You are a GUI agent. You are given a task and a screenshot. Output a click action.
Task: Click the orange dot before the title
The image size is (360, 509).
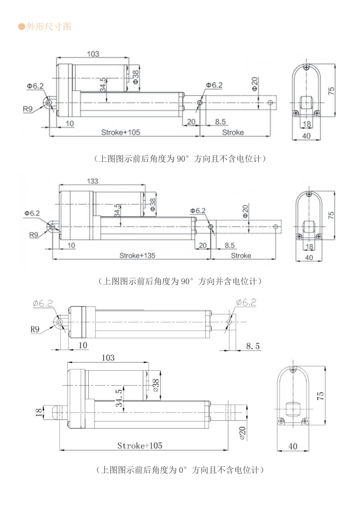click(21, 26)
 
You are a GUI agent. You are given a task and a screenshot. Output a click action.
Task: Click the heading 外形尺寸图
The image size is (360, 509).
click(49, 26)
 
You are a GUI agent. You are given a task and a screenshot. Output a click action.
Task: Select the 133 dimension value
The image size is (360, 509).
click(93, 181)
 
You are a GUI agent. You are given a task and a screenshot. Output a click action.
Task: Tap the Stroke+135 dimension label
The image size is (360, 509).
click(137, 255)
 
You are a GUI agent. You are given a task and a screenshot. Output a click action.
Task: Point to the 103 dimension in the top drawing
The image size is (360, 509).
click(93, 54)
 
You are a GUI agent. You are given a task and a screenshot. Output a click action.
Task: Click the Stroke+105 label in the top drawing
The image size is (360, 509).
click(121, 132)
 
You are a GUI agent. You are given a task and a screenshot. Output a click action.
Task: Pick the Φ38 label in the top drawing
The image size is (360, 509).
click(136, 77)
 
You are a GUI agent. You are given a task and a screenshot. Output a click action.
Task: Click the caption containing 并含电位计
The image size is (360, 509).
click(180, 281)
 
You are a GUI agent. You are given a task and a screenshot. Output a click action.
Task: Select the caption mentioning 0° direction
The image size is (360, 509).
click(180, 470)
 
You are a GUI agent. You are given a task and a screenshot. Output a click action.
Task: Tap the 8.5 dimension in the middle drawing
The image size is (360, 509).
click(229, 245)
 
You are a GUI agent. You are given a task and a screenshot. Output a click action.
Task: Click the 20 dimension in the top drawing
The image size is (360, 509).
click(191, 122)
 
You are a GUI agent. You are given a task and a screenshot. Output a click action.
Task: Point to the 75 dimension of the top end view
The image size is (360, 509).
click(331, 90)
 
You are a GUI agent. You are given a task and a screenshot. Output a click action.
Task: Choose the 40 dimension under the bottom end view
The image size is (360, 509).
click(293, 446)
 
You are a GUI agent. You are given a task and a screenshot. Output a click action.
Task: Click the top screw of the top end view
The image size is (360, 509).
click(306, 67)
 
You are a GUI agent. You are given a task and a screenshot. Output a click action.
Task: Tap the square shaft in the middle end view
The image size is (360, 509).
click(308, 227)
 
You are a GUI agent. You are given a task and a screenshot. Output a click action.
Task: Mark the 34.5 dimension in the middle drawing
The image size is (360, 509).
click(117, 210)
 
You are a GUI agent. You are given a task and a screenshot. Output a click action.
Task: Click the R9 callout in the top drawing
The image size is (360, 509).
click(28, 109)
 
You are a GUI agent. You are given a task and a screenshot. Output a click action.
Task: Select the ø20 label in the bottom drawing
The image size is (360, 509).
click(243, 433)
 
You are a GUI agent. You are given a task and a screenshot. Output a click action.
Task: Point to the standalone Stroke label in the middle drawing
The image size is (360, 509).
click(241, 255)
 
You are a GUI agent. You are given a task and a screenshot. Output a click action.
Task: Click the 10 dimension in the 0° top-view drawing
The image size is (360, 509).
click(83, 345)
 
